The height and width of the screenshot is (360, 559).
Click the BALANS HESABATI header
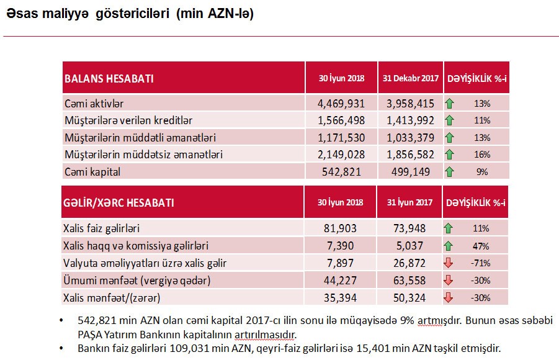click(109, 79)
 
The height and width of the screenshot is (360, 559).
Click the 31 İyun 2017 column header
click(409, 203)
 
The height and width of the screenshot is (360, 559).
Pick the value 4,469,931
click(341, 103)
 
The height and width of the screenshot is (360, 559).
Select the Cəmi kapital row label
click(92, 171)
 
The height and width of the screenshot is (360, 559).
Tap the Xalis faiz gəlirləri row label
click(105, 228)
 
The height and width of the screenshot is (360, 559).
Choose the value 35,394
click(341, 298)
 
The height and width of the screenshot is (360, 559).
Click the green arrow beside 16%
click(449, 155)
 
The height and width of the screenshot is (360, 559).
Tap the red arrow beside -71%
click(449, 263)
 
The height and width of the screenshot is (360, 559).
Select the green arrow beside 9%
click(449, 172)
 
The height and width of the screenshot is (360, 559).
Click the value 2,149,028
click(341, 154)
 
